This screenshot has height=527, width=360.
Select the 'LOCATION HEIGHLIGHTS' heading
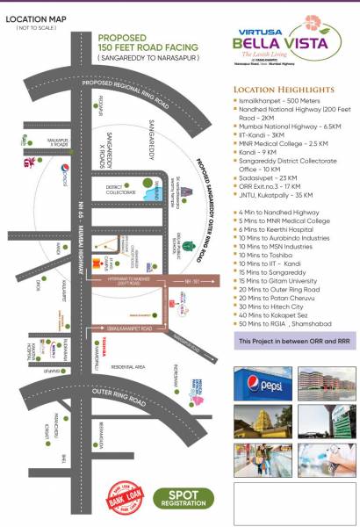point(283,90)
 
